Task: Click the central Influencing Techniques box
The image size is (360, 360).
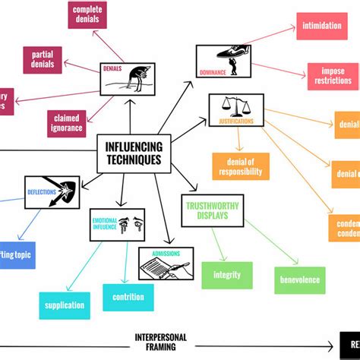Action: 134,154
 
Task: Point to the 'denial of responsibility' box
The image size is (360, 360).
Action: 241,166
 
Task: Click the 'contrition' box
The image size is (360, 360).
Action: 128,297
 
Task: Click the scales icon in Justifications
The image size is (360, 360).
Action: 235,106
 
